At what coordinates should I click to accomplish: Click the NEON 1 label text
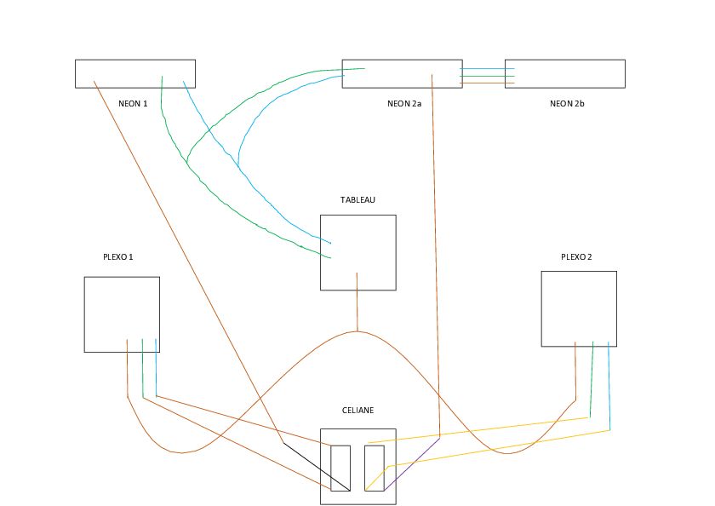[133, 103]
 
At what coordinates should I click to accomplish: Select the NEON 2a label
[404, 103]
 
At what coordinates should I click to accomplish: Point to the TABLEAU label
[357, 200]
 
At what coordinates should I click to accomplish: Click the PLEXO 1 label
[117, 256]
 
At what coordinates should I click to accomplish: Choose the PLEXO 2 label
[578, 256]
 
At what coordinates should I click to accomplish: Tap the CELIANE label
[357, 410]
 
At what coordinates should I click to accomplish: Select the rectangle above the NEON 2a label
[401, 73]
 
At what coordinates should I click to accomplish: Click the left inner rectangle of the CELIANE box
[340, 469]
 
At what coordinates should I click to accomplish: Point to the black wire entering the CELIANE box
[315, 466]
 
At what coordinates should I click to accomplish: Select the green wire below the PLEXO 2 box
[592, 379]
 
